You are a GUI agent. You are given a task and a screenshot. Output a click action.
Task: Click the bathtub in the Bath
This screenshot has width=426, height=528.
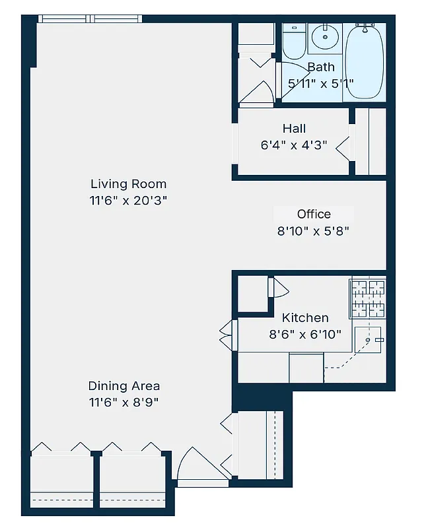click(x=364, y=61)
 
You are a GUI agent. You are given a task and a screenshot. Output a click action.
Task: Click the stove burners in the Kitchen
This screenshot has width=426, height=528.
click(x=367, y=296)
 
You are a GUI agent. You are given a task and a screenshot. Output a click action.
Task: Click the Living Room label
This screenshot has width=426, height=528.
click(x=128, y=184)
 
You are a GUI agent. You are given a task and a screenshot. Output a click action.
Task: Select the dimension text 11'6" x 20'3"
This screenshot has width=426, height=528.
click(x=128, y=201)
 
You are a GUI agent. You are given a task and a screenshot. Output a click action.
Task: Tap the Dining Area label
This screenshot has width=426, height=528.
click(x=124, y=386)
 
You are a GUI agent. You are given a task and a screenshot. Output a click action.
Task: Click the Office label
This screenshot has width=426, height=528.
click(x=314, y=214)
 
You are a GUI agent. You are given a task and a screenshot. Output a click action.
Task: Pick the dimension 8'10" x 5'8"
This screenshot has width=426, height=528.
click(x=313, y=231)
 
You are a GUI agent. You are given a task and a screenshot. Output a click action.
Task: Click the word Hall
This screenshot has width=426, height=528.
click(x=294, y=129)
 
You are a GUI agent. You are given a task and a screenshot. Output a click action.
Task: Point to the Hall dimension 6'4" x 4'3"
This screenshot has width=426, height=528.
click(x=294, y=145)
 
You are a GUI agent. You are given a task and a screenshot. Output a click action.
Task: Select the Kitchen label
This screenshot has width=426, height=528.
click(x=305, y=317)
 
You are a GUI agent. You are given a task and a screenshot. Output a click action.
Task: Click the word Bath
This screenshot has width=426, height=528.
click(x=321, y=67)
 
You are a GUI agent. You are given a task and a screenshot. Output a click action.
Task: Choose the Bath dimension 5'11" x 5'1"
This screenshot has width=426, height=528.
click(x=321, y=84)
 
